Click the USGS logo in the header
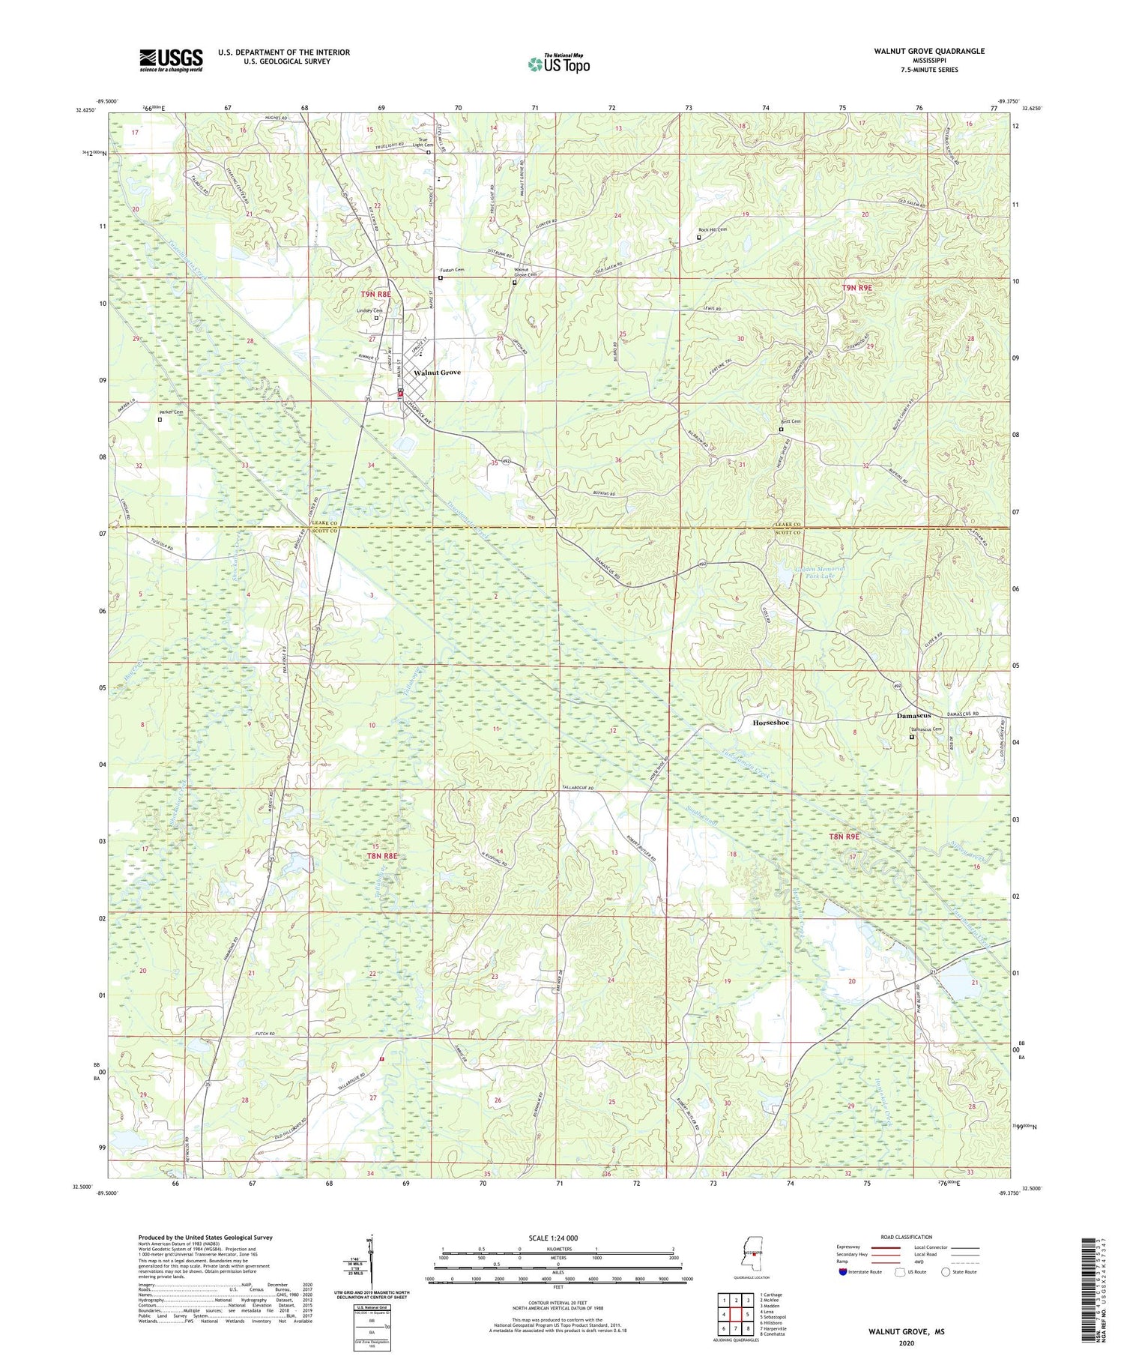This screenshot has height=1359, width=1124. tap(171, 60)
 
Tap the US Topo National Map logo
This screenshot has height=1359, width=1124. tap(558, 64)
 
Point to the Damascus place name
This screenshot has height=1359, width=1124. tap(913, 716)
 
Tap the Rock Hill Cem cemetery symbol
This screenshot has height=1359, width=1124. tap(699, 238)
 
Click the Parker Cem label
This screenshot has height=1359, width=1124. tap(171, 412)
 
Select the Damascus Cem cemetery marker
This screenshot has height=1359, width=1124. tap(911, 737)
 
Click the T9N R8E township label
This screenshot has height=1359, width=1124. tap(375, 295)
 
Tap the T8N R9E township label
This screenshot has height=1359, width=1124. tap(844, 836)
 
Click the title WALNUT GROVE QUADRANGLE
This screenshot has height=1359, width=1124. tap(928, 51)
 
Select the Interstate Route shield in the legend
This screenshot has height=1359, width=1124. tap(843, 1272)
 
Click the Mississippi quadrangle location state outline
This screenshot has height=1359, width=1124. tap(750, 1255)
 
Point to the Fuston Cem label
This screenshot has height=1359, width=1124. tap(451, 270)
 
